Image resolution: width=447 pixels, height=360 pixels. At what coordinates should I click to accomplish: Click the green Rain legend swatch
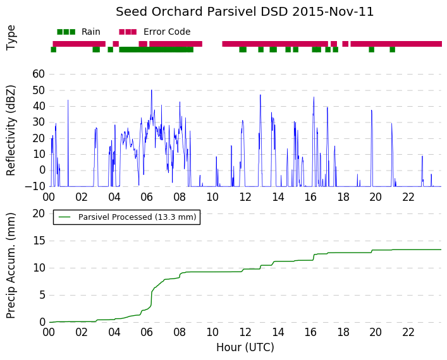[66, 32]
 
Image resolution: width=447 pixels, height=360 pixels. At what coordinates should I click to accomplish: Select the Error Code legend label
[167, 32]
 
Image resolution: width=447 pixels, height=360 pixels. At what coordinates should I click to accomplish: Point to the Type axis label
[11, 38]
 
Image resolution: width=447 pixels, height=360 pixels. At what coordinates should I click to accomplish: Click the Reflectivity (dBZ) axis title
[11, 131]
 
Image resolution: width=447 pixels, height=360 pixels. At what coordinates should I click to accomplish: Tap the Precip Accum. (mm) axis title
[11, 265]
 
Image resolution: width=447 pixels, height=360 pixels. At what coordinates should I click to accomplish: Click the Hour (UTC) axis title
[245, 347]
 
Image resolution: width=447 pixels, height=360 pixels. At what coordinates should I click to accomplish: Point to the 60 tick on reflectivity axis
[39, 74]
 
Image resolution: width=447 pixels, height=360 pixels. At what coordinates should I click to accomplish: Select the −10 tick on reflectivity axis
[35, 186]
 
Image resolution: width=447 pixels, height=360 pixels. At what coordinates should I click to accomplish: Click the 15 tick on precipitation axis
[39, 241]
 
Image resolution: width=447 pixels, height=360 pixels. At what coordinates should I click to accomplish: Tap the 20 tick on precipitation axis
[39, 213]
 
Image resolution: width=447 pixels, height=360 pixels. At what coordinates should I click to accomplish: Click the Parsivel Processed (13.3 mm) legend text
[137, 217]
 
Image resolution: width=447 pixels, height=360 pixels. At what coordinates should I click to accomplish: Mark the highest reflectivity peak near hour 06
[151, 90]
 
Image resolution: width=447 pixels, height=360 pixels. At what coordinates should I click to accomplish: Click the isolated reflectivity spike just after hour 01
[68, 100]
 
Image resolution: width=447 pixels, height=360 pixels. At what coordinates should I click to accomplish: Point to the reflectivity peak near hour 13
[260, 95]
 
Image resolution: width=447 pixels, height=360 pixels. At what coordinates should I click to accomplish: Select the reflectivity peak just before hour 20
[372, 111]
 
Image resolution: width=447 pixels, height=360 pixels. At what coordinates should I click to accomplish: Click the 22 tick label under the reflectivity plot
[408, 197]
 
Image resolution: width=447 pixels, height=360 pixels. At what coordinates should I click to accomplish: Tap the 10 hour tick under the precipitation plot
[212, 332]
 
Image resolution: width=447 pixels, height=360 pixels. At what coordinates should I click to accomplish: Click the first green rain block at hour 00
[53, 49]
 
